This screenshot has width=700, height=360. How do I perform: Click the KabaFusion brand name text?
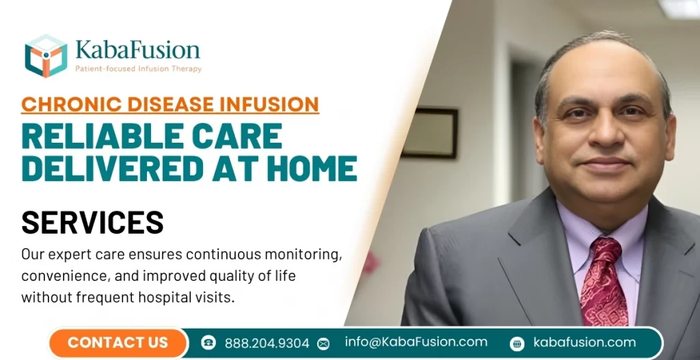[138, 50]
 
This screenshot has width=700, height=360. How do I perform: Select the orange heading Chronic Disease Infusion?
[170, 105]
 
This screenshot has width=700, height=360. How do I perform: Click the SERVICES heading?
[93, 223]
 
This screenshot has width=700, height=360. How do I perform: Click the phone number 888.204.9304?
[266, 343]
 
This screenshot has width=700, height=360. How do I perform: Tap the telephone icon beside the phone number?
[208, 343]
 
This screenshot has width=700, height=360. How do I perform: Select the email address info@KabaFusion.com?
[416, 342]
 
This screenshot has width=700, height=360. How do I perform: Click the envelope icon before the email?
[323, 344]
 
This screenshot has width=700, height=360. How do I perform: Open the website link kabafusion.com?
[584, 343]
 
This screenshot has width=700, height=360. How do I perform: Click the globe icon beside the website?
[517, 344]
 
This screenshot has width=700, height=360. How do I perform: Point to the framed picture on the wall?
[429, 133]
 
